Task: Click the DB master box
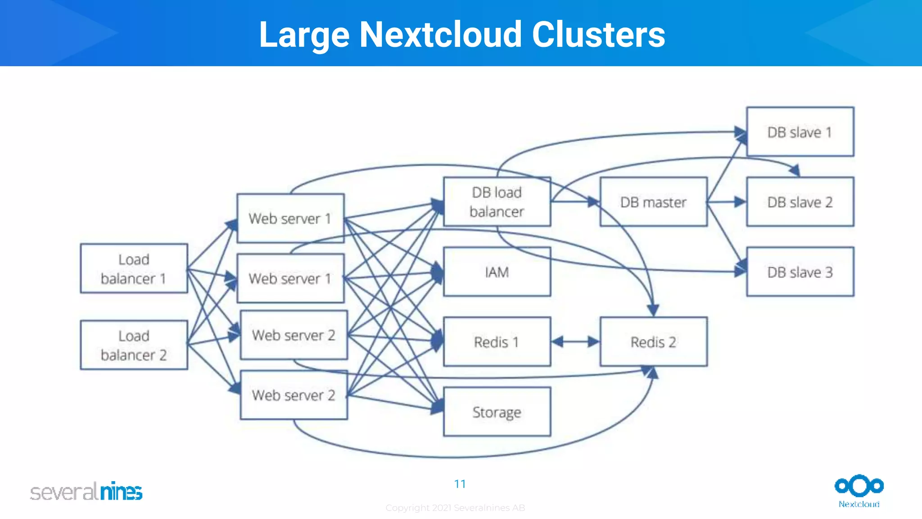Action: pos(653,202)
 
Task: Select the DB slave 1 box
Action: pos(800,132)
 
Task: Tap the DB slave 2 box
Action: pos(800,202)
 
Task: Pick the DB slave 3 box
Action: pos(800,272)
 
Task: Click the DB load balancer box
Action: pos(497,202)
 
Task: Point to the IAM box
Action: pos(497,272)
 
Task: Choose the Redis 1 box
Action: pos(497,342)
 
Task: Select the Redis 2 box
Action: pos(653,342)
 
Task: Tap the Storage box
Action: pos(497,412)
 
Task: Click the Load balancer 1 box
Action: pos(134,269)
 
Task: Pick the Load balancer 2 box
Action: pos(134,345)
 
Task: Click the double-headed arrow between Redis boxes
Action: pos(575,342)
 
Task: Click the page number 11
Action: pos(460,484)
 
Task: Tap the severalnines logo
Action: pos(86,491)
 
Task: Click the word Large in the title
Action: pos(304,35)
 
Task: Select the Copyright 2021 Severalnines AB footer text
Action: pos(455,508)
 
